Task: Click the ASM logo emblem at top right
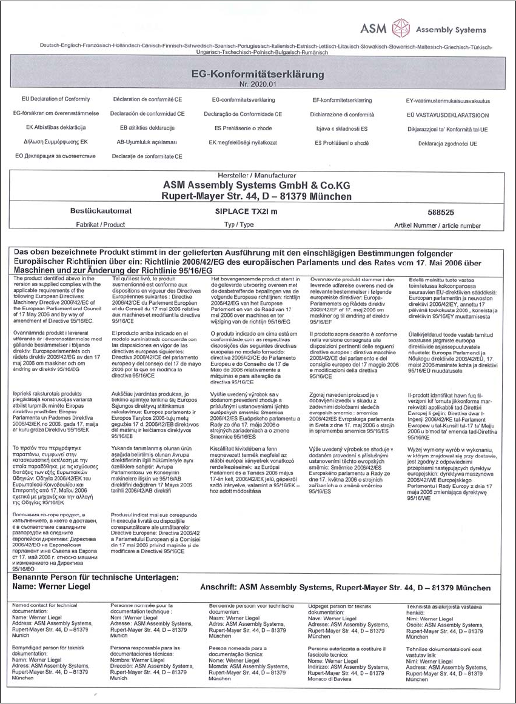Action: coord(402,28)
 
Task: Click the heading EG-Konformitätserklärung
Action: coord(256,74)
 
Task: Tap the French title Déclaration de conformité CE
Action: coord(148,99)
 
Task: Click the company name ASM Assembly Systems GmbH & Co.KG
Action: coord(257,185)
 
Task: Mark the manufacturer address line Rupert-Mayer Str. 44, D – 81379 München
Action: coord(257,196)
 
